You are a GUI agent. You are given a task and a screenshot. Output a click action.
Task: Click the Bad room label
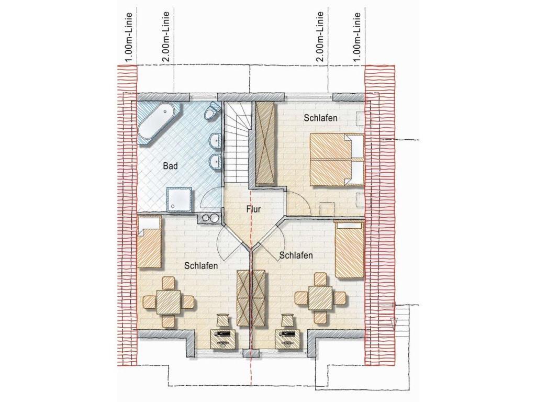coord(170,166)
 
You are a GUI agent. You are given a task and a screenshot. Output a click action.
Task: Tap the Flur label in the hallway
coord(254,209)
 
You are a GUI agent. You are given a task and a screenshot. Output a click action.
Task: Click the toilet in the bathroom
coord(211,110)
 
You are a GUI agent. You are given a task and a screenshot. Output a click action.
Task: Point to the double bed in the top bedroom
coord(337,160)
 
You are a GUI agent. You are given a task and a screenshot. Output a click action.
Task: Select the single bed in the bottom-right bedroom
coord(348,249)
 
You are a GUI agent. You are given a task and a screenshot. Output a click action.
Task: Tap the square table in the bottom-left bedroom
coord(168,301)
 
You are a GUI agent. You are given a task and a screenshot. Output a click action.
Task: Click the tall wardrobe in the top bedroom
coord(265,143)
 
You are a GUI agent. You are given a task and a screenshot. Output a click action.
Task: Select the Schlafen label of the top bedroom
coord(321,118)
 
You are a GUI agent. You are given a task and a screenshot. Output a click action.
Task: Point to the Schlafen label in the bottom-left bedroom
coord(200,265)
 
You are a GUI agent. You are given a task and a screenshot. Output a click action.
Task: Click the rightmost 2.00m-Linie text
coord(320,37)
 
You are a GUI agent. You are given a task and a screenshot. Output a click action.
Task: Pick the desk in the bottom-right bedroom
coord(288,339)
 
